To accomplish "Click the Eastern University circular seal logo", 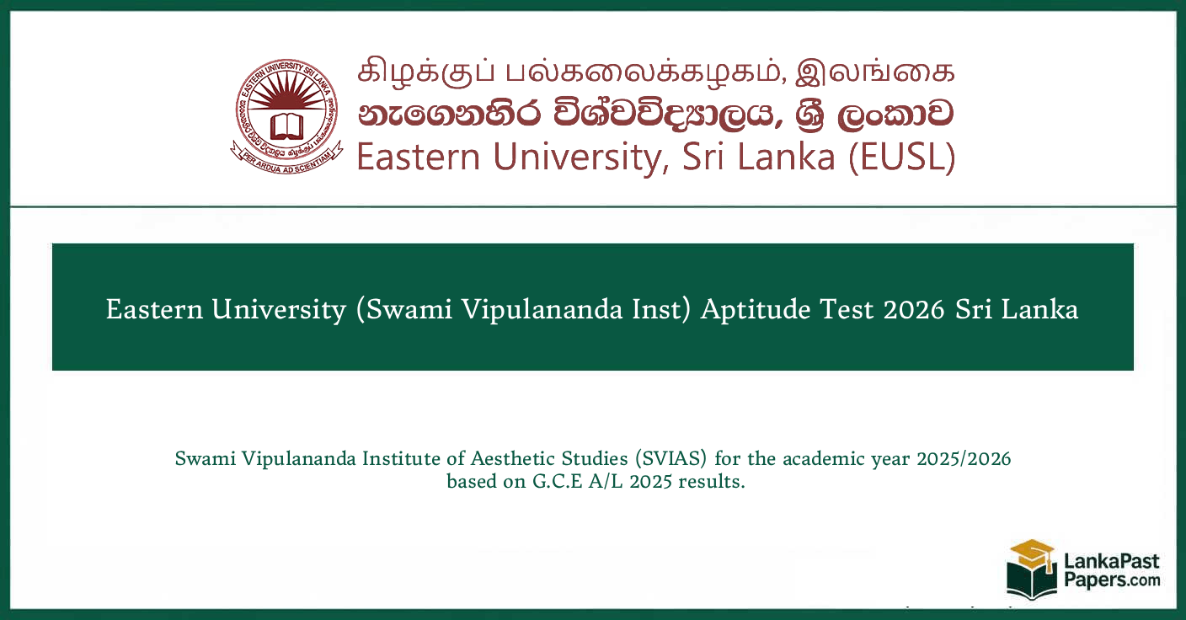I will (288, 117).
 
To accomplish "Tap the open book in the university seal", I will (288, 126).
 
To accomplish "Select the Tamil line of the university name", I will (656, 72).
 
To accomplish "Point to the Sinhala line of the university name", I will (656, 115).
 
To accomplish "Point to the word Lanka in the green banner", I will (1044, 309).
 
